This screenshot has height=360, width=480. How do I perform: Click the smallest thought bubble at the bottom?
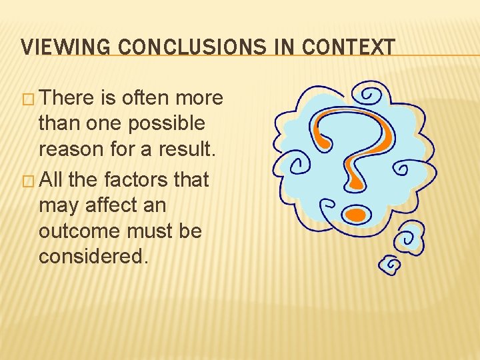click(390, 265)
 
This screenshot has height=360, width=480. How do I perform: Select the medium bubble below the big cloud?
click(409, 238)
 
